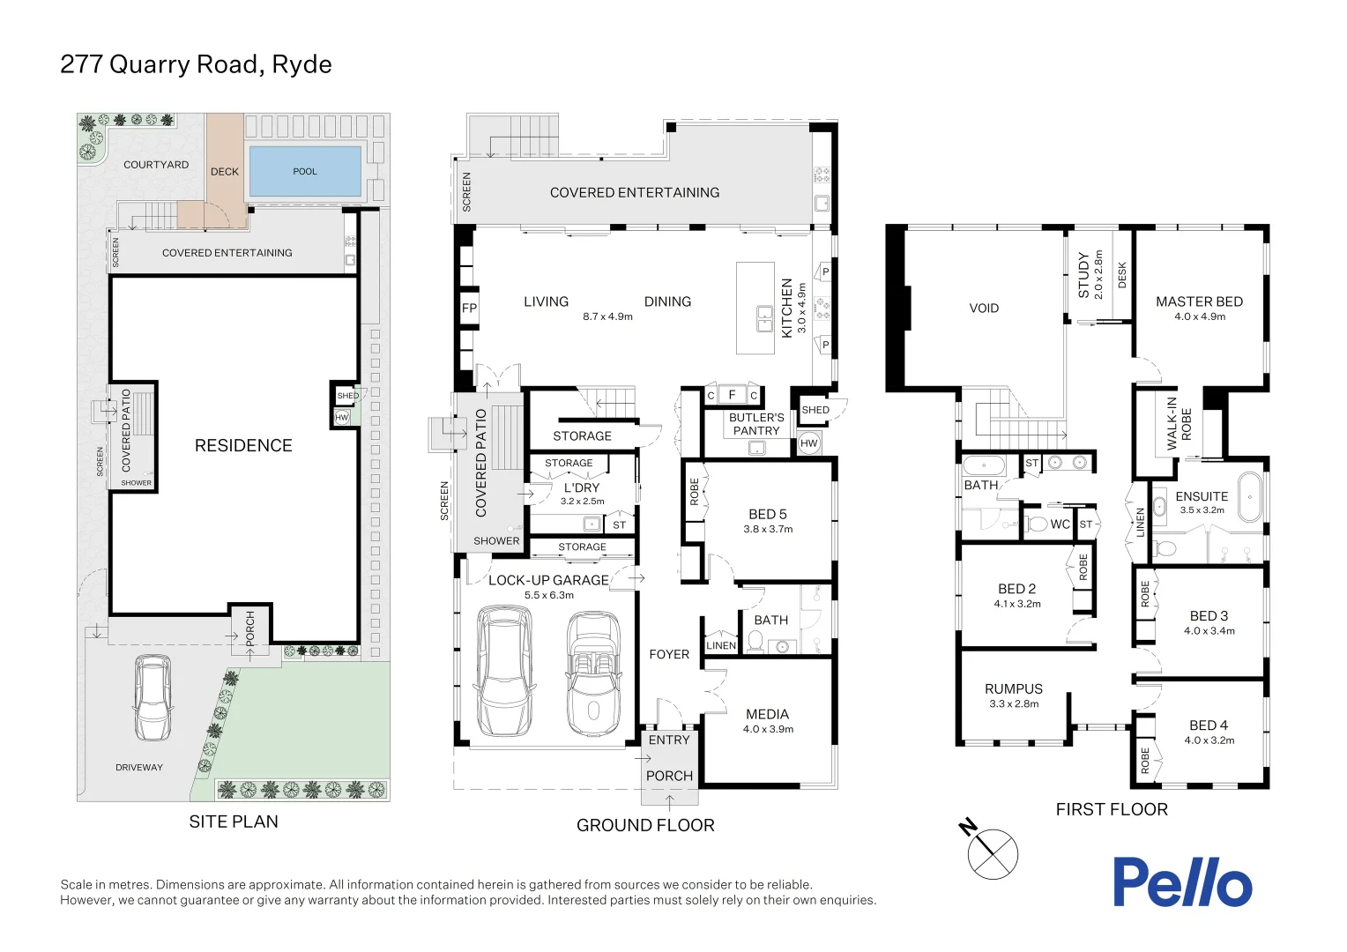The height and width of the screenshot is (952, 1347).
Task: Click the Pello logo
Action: point(1181,881)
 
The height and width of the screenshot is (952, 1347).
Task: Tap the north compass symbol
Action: point(993,853)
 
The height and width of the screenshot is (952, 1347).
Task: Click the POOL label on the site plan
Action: point(305,172)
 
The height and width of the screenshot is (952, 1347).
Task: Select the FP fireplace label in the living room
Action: point(469,309)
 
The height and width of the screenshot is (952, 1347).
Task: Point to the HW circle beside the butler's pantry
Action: point(809,443)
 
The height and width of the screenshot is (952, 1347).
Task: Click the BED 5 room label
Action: point(767,514)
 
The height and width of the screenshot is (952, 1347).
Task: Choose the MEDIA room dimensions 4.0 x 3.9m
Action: point(768,729)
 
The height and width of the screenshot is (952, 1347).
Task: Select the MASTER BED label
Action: point(1199,301)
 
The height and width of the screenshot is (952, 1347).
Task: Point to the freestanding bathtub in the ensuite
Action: point(1249,497)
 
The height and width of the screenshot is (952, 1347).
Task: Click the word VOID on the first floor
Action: point(984,309)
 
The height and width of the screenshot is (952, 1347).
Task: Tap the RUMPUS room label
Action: point(1014,688)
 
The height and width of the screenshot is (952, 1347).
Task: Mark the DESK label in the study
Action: point(1122,275)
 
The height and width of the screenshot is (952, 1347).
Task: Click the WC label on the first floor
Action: point(1060,524)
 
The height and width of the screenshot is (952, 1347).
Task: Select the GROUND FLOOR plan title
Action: point(645,825)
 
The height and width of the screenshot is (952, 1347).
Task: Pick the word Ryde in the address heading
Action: point(301,64)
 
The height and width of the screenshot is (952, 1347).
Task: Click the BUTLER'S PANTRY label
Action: point(756,424)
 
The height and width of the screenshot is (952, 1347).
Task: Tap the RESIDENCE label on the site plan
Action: point(243,446)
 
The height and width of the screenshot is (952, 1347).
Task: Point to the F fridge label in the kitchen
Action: point(732,395)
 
